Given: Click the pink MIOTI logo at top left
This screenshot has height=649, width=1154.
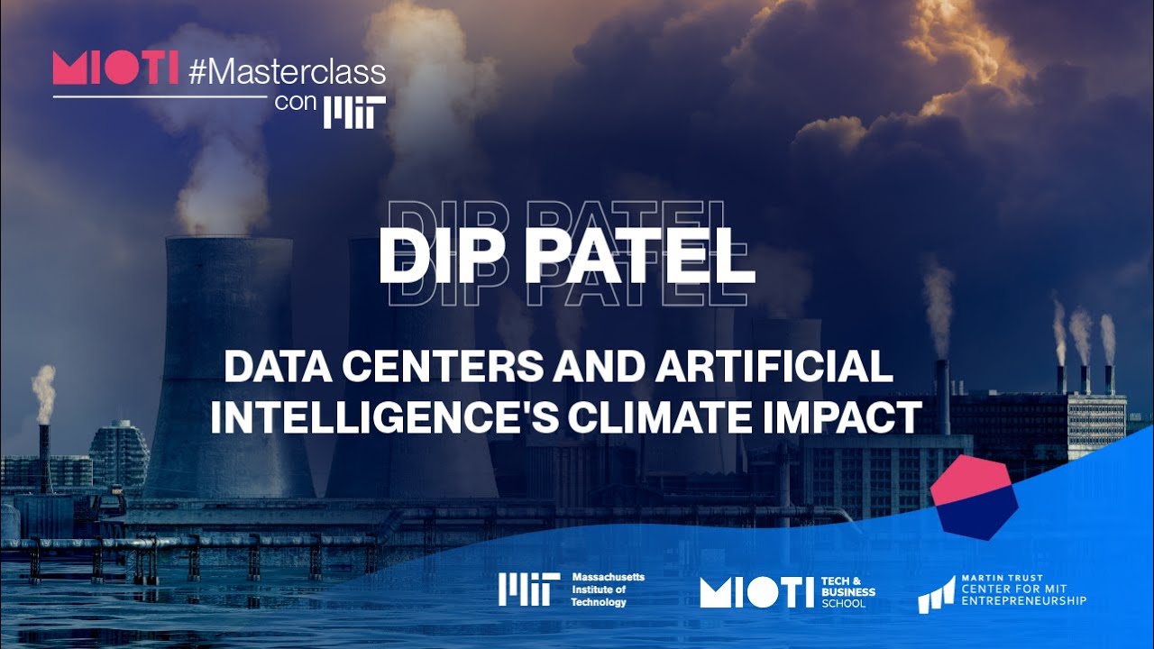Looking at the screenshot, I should click(x=115, y=69).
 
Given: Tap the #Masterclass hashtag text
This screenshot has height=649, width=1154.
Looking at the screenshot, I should click(x=288, y=72).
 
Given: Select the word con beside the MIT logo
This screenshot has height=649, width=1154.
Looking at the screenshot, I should click(x=296, y=102).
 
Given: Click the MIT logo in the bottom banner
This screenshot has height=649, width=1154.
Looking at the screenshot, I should click(x=528, y=590).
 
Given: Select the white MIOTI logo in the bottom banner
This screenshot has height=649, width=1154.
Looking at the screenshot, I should click(x=756, y=592).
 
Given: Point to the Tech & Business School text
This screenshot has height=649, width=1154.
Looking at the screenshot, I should click(x=847, y=592).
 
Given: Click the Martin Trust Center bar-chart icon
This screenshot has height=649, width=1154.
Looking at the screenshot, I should click(x=935, y=594).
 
